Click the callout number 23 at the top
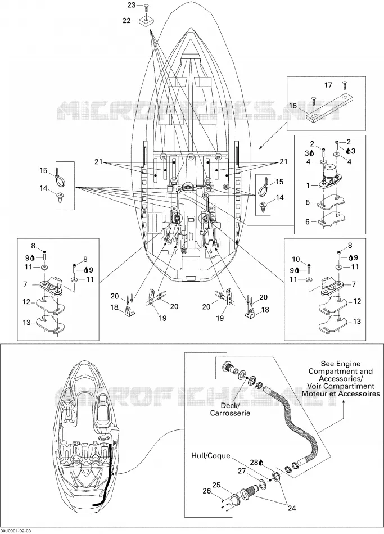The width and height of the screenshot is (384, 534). [132, 5]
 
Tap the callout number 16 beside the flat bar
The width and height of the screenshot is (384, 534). [293, 106]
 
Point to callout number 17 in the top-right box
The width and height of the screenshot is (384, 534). [328, 85]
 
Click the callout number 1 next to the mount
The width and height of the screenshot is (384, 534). [308, 185]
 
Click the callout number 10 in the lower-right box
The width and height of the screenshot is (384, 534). [296, 260]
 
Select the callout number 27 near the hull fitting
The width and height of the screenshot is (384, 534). [242, 472]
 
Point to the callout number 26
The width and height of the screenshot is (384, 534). [207, 491]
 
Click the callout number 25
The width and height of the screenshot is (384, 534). [216, 485]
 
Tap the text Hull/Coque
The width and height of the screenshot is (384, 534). [211, 456]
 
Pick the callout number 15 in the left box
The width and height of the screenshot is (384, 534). [43, 171]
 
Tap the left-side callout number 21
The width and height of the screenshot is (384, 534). [98, 162]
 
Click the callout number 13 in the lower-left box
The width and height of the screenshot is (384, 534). [26, 322]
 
